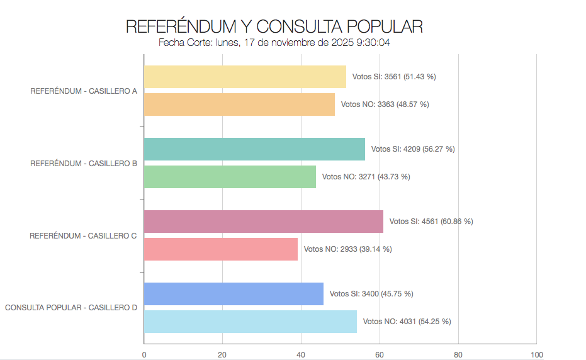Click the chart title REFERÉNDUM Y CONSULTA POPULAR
tap(274, 26)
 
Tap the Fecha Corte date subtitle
tap(274, 43)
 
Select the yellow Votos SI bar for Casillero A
tap(245, 77)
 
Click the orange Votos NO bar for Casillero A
tap(239, 104)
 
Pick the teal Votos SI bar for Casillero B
tap(254, 149)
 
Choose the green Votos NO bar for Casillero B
tap(230, 177)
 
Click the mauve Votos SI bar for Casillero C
tap(263, 222)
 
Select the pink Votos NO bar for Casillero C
tap(220, 249)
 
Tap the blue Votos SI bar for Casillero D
tap(234, 294)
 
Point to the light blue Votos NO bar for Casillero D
tap(250, 322)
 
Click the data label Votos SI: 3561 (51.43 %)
tap(394, 77)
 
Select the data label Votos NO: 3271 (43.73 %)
tap(366, 177)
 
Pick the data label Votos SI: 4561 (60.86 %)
tap(431, 222)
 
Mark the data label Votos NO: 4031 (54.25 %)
tap(407, 322)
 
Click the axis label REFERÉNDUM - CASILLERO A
tap(84, 91)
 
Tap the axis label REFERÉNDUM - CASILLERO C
tap(84, 236)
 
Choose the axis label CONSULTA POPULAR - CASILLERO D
tap(71, 308)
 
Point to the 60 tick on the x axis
tap(380, 354)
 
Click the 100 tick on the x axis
tap(536, 354)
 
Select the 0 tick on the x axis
tap(144, 354)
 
